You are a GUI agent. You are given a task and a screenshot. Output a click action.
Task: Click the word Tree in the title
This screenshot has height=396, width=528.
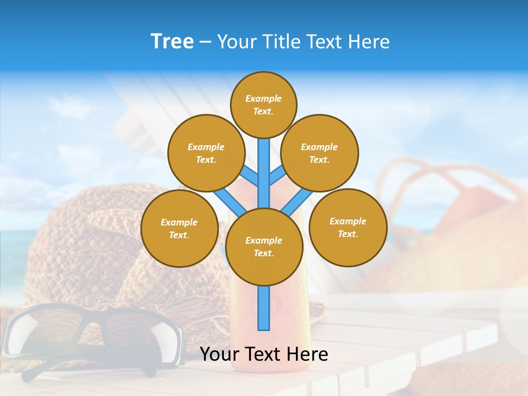[172, 42]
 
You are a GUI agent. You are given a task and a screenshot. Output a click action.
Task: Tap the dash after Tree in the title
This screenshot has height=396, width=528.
[205, 42]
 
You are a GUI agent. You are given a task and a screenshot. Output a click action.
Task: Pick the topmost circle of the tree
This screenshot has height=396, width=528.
[263, 105]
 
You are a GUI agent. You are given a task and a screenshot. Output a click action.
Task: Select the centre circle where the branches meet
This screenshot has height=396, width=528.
[264, 247]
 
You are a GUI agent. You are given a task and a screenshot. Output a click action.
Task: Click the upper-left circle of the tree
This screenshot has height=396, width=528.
[206, 153]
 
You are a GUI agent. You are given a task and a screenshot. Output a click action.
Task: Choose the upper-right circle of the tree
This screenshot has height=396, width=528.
[319, 153]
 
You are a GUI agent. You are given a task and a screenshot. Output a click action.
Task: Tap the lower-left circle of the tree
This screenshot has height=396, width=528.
[179, 228]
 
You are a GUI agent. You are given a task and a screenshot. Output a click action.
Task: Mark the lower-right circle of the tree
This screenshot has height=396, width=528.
[348, 227]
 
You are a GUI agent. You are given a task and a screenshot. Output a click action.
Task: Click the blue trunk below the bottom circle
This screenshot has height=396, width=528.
[264, 308]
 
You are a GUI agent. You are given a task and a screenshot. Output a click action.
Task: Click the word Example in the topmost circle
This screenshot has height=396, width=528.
[263, 99]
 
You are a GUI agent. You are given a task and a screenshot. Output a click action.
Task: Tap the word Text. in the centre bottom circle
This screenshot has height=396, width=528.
[263, 254]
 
